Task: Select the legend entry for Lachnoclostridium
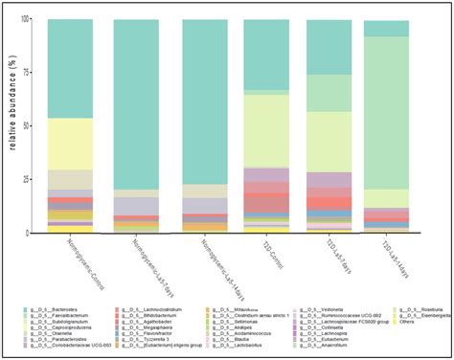tap(144, 310)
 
